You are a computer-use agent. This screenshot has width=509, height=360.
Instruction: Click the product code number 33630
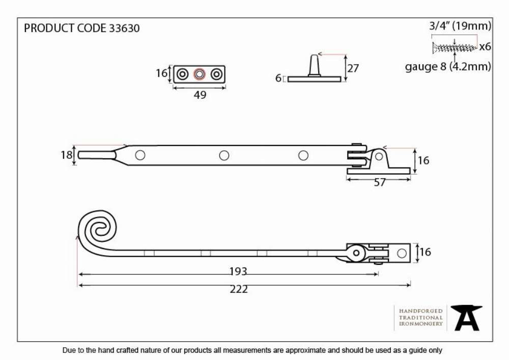[124, 28]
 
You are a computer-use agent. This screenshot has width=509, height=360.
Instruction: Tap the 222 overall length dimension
[239, 289]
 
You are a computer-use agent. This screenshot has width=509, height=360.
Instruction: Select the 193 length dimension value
[238, 271]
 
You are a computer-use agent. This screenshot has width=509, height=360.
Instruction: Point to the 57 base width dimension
[380, 182]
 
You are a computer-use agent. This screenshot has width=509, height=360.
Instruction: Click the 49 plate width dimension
[200, 95]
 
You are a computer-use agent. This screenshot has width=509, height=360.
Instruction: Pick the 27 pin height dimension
[353, 68]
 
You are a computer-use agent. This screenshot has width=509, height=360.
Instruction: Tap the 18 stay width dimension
[66, 155]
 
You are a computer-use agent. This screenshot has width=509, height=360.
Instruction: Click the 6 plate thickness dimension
[278, 78]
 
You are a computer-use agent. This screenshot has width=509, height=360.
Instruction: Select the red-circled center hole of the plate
[200, 74]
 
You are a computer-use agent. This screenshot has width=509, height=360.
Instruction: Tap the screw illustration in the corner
[454, 48]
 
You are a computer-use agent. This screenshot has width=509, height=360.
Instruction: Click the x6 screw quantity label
[485, 47]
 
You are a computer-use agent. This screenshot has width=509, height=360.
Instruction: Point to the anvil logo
[466, 318]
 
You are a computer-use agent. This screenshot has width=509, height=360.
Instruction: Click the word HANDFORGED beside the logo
[421, 311]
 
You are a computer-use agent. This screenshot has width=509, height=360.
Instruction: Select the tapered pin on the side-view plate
[314, 66]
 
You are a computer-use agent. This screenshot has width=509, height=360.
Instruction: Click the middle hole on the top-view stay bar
[224, 155]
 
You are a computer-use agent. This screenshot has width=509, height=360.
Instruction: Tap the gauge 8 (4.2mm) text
[448, 67]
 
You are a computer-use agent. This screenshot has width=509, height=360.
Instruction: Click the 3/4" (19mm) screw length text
[460, 25]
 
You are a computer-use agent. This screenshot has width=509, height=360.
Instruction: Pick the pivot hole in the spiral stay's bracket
[356, 253]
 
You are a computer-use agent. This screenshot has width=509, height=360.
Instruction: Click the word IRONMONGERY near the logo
[421, 324]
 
